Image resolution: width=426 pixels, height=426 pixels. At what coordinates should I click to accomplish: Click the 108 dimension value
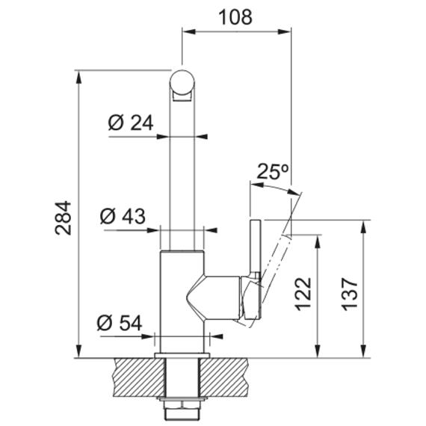point(235,17)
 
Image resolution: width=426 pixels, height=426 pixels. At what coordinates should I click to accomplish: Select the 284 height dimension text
point(63,218)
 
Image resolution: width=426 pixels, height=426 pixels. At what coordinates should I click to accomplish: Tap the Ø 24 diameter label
point(131,123)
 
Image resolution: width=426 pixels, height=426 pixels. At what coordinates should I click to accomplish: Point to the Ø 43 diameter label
point(123,217)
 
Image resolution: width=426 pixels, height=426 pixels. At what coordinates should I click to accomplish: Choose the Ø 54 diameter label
point(120,323)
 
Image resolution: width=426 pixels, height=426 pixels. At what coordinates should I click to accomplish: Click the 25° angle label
point(272,171)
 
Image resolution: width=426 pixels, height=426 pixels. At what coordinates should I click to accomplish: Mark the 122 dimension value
point(303,294)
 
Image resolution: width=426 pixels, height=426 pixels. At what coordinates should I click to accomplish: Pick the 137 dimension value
point(349,294)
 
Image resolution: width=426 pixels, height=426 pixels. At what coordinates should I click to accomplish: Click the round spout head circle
point(182,82)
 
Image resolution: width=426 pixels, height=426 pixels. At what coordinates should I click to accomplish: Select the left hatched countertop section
point(139,377)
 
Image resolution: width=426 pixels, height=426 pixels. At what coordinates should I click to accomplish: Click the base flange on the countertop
point(182,356)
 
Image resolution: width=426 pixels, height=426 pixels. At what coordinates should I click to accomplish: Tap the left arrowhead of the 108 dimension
point(189,31)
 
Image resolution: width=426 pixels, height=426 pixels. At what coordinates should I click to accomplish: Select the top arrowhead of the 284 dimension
point(78,77)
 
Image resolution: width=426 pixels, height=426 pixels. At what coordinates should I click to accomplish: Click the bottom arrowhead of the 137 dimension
point(363,351)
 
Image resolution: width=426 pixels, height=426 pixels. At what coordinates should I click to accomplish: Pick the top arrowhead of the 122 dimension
point(318,241)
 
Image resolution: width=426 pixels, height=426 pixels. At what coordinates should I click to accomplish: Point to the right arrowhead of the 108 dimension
point(284,31)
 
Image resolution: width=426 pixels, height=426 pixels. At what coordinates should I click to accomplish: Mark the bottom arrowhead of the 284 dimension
point(78,351)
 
